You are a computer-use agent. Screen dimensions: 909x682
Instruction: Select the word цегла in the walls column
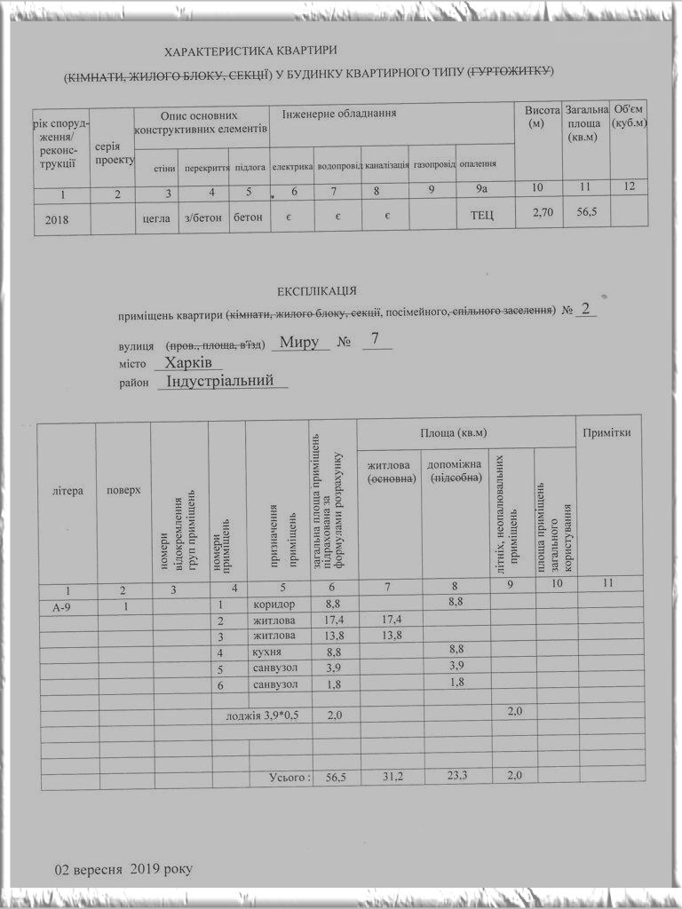155,217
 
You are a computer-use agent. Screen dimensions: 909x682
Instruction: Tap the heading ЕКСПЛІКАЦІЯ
317,290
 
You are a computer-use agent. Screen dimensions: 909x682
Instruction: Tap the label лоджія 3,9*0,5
263,714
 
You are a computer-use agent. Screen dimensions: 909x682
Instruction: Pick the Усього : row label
290,778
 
